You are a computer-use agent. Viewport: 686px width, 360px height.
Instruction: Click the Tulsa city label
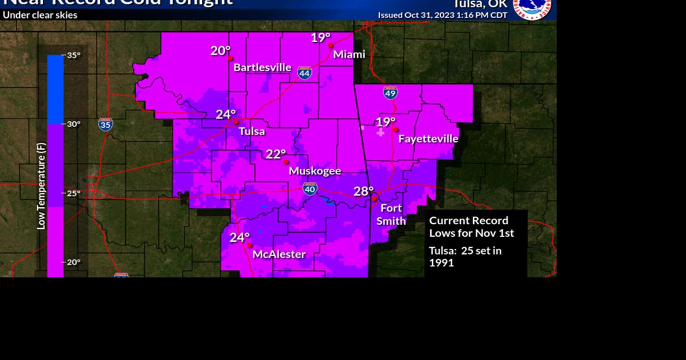[252, 131]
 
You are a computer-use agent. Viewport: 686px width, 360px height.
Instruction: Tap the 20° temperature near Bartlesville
[220, 51]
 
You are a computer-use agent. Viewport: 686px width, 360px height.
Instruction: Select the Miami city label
[349, 54]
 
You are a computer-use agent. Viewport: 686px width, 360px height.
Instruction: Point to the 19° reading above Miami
[321, 38]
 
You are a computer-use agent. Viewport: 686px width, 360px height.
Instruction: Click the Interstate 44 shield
[304, 73]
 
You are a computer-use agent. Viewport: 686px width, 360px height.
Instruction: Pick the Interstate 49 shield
[391, 93]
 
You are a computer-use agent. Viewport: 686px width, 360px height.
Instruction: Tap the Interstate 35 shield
[105, 124]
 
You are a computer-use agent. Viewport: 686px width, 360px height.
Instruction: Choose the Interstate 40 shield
[310, 188]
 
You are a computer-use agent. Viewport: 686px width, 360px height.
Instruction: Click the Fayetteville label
[428, 139]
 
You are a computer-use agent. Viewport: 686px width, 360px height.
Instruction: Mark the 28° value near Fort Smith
[364, 191]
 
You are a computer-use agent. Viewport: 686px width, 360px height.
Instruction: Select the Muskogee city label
[315, 171]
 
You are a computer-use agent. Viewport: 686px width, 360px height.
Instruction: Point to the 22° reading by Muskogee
[276, 154]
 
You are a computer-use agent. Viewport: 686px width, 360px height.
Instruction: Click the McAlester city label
[279, 254]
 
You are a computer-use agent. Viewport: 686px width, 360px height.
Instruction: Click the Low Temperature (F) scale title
[41, 186]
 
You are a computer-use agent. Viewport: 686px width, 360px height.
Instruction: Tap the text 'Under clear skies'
[40, 15]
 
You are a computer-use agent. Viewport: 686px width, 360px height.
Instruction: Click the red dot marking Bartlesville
[231, 58]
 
